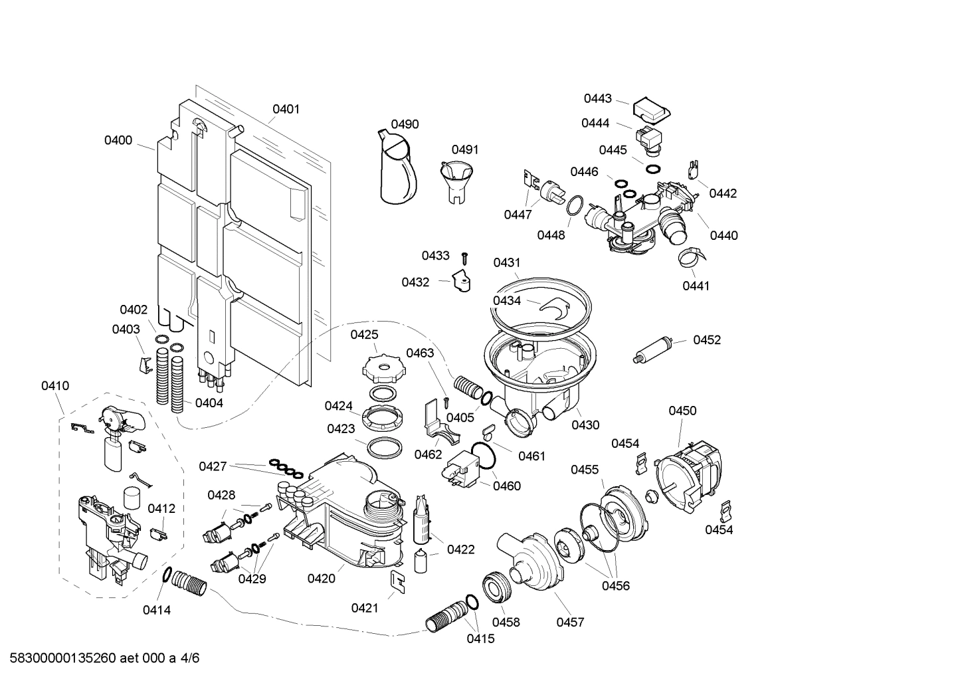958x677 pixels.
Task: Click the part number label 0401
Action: point(286,109)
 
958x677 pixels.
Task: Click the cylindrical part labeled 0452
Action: point(656,349)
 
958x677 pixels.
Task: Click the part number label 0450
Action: point(682,411)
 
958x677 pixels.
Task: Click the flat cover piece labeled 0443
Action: point(651,110)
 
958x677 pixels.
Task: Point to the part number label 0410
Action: point(55,386)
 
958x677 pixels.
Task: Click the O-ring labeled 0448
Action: point(575,206)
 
